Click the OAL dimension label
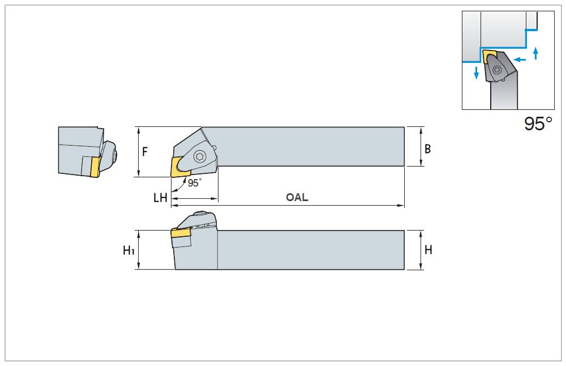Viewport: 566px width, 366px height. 297,198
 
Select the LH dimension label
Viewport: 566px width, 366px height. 160,198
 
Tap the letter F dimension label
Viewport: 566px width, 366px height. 145,152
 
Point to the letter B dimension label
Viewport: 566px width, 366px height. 428,149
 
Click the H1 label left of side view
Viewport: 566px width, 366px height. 129,250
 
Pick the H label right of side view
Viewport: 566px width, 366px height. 428,249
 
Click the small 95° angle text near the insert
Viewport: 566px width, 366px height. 194,183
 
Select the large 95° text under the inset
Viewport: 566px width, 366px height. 538,124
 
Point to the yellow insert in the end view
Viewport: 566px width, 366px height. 95,165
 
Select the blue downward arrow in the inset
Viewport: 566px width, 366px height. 477,73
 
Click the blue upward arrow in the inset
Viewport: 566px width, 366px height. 535,54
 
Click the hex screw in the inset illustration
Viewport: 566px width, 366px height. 497,70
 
